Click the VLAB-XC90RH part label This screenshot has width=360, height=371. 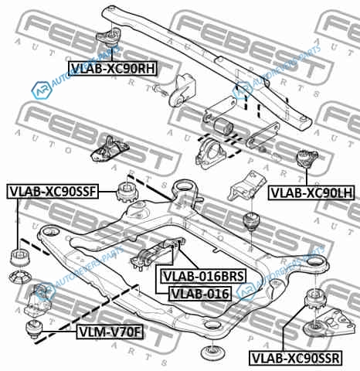[113, 68]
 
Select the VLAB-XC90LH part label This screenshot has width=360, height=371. [311, 192]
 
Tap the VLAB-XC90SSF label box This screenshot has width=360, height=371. [53, 192]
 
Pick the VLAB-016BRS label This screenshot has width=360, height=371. [203, 276]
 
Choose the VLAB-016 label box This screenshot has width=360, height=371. [200, 294]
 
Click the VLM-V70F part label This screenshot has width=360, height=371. [110, 332]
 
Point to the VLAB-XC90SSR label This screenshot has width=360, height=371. [296, 358]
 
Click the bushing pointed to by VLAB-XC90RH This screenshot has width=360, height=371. [109, 36]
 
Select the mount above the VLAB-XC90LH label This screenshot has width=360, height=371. [307, 158]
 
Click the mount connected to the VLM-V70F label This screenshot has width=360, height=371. [33, 328]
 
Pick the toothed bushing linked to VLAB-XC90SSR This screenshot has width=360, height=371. [315, 299]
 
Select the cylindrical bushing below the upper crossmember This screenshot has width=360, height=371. [224, 126]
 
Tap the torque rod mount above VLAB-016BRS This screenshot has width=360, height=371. [157, 254]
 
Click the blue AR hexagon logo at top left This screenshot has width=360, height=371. [41, 90]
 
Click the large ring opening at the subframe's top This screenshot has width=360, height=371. [183, 186]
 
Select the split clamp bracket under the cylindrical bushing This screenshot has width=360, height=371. [211, 153]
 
